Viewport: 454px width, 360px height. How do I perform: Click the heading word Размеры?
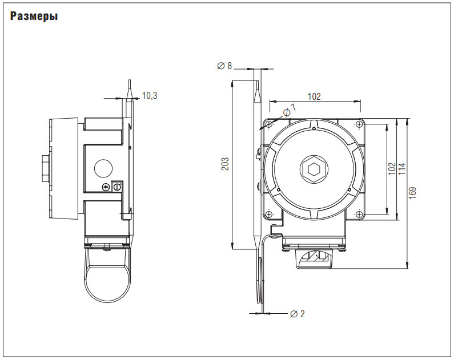[34, 17]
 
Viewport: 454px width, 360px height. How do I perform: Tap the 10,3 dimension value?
[150, 95]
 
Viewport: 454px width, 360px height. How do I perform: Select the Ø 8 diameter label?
[224, 66]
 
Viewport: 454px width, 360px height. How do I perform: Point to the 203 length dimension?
[224, 164]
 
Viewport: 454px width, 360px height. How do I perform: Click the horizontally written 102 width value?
[314, 96]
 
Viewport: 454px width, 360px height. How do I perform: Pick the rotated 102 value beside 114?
[392, 169]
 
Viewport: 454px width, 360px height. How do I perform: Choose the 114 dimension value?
[401, 169]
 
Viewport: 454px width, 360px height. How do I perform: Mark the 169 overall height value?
[413, 193]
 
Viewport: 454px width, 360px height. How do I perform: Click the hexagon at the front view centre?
[313, 169]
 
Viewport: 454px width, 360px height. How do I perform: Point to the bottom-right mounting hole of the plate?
[359, 214]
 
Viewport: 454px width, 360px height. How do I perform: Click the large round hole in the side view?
[102, 167]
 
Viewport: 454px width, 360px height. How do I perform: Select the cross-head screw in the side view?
[106, 188]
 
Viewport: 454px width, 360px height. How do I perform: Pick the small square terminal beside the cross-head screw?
[118, 187]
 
